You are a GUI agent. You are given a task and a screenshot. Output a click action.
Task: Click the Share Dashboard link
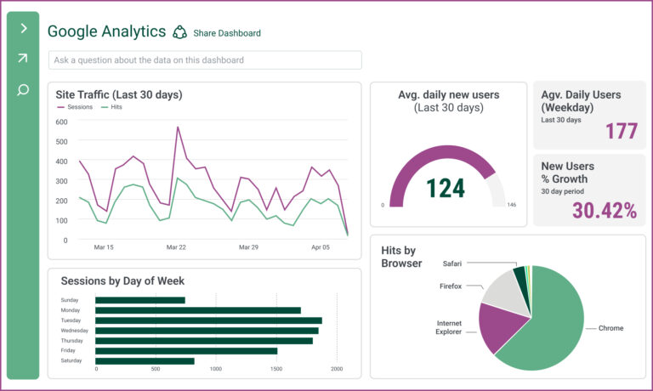(x=226, y=33)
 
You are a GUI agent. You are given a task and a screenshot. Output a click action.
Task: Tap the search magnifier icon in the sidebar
(x=23, y=89)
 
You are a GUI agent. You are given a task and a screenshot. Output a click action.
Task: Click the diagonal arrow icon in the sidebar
(x=23, y=59)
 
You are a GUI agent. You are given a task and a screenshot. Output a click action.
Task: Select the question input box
(x=205, y=60)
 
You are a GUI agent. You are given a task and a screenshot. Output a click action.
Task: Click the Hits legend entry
(x=112, y=107)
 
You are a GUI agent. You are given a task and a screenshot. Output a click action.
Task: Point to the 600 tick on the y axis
(x=61, y=122)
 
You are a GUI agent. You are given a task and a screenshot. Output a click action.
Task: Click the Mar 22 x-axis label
(x=176, y=247)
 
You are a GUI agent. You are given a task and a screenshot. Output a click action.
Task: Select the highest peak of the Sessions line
(x=178, y=127)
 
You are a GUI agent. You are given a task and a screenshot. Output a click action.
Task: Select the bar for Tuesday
(x=208, y=320)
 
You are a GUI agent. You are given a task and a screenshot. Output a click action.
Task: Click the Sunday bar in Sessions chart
(x=139, y=300)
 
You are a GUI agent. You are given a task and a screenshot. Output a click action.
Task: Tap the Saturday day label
(x=71, y=361)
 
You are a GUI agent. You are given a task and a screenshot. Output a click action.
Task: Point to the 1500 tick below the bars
(x=276, y=370)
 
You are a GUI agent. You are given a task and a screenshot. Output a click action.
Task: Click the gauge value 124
(x=445, y=188)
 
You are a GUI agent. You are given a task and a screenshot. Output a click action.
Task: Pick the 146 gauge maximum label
(x=511, y=205)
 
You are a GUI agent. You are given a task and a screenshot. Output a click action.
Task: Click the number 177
(x=622, y=132)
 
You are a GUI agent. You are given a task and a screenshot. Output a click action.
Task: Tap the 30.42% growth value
(x=604, y=211)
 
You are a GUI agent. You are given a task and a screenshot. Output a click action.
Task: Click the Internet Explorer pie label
(x=449, y=327)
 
